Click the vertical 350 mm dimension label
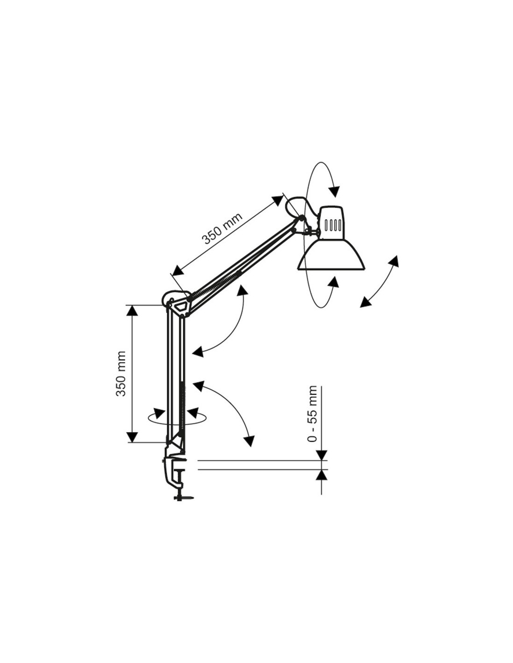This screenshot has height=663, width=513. point(121,373)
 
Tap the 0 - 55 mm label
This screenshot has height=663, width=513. point(312,414)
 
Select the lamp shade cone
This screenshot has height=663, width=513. point(331,254)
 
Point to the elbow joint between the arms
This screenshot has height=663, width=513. point(177,303)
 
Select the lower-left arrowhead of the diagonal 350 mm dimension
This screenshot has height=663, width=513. point(177,270)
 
